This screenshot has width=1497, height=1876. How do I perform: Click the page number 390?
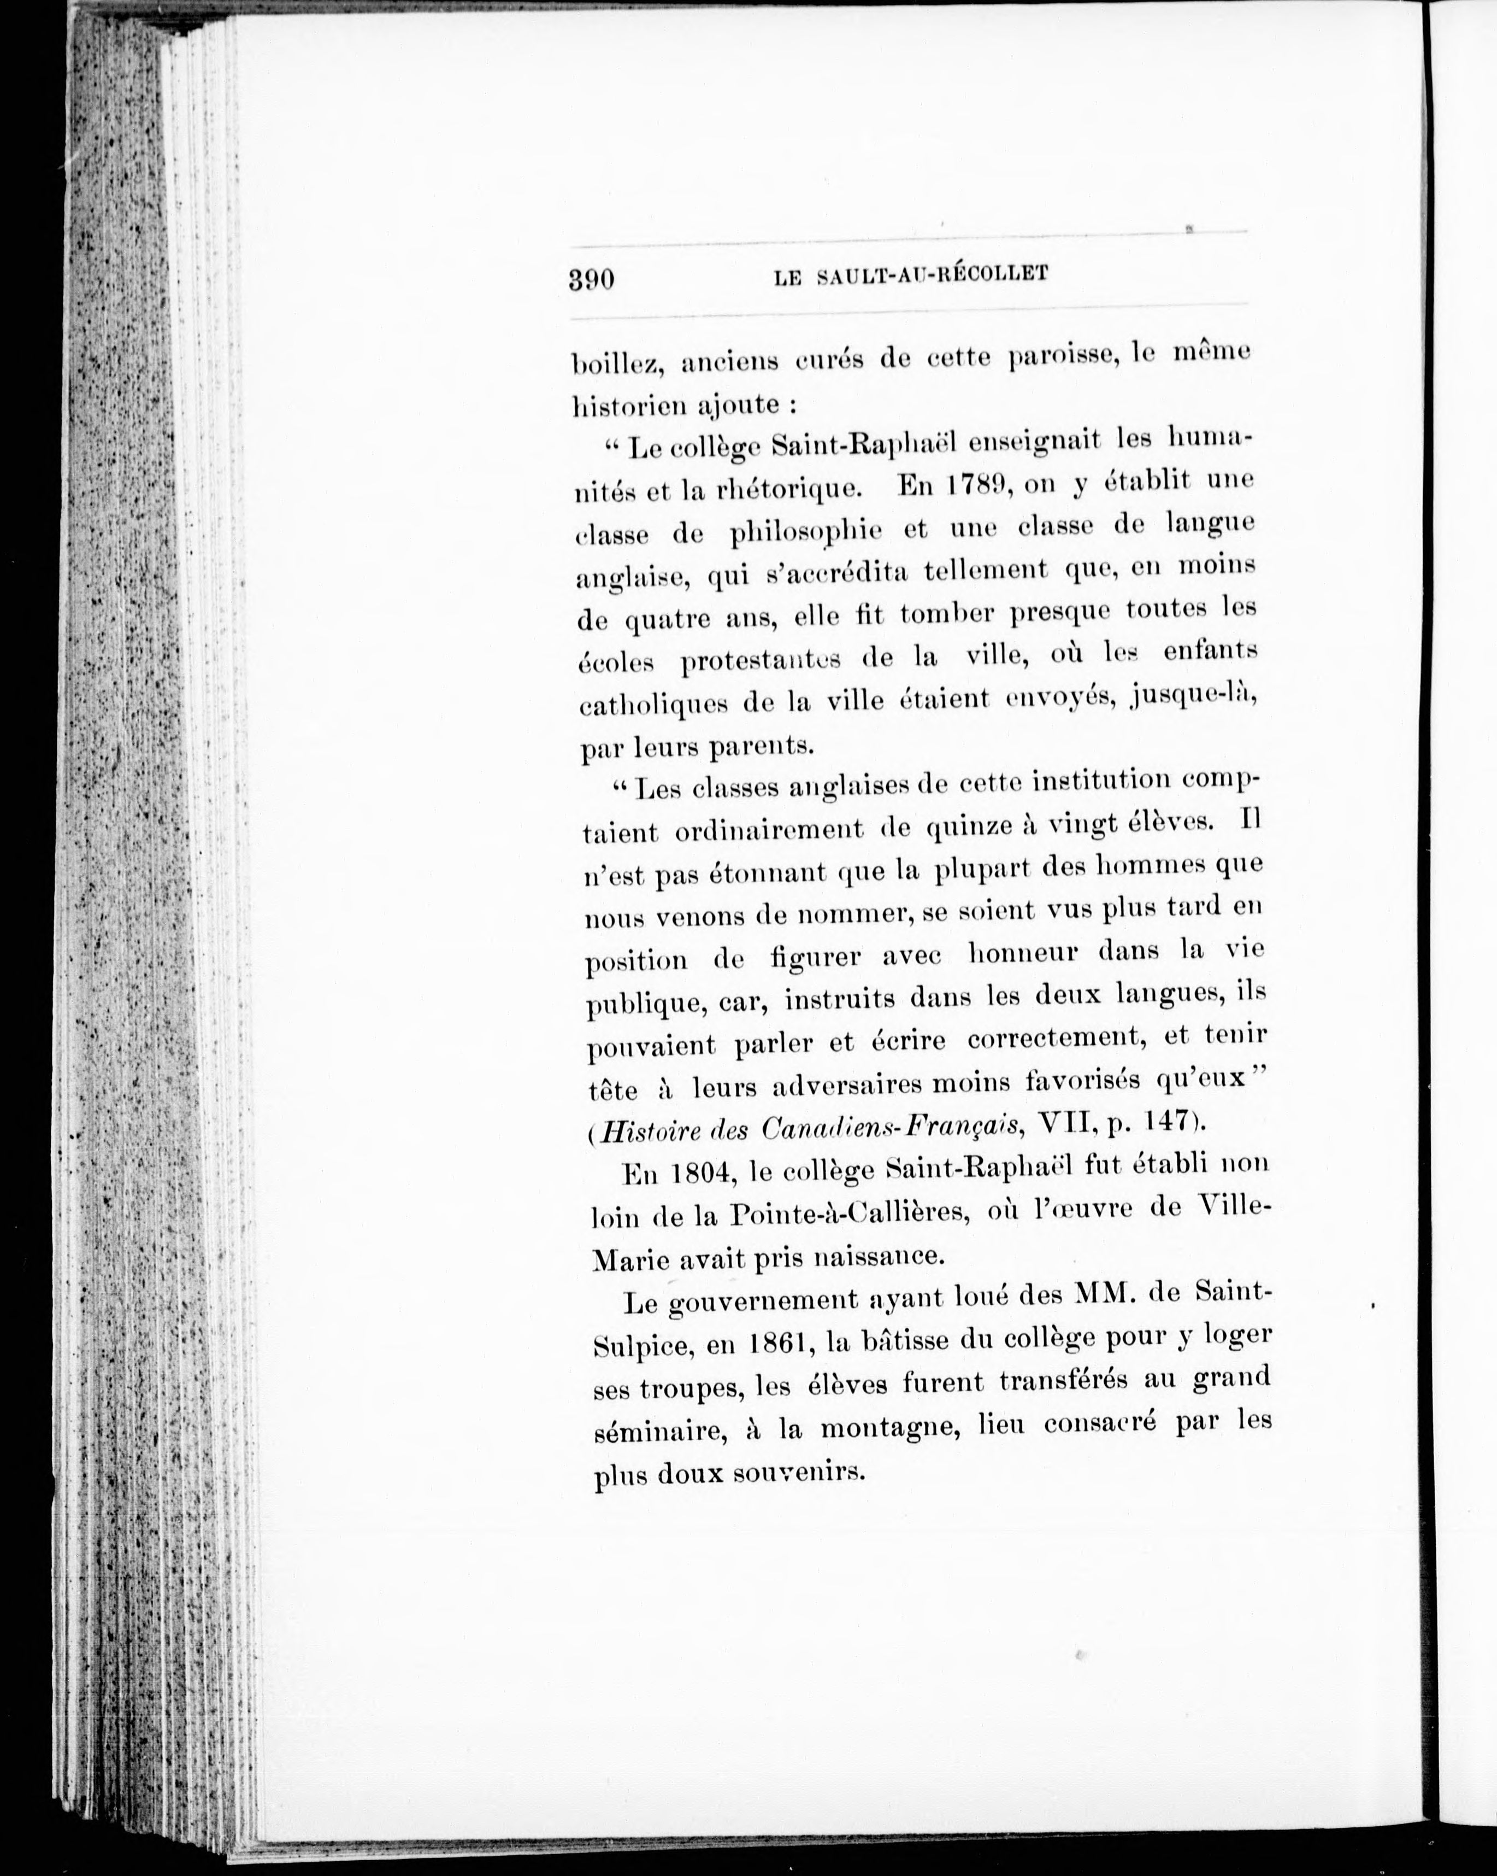[592, 280]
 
